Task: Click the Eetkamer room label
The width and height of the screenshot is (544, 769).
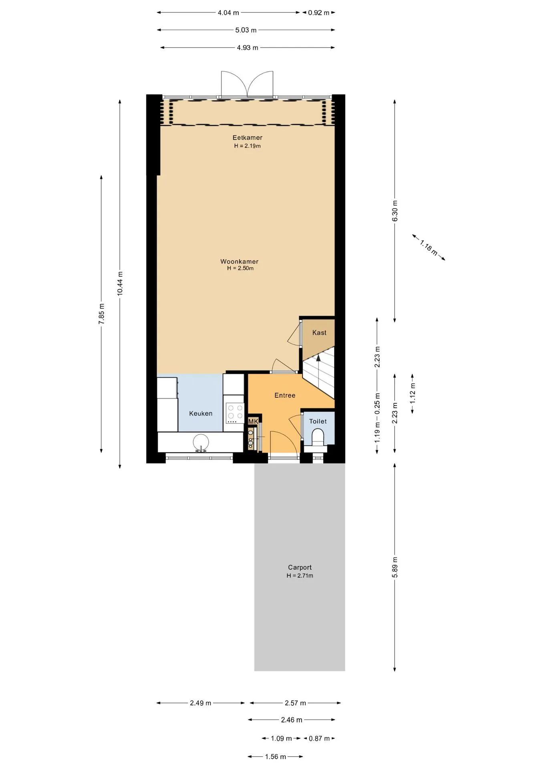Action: (247, 138)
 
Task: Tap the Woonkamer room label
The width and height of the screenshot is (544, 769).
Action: (240, 262)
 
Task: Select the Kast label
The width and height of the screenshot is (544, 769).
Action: (319, 332)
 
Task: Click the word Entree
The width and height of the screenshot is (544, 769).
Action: (285, 395)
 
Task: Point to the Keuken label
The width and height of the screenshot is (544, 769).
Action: (201, 413)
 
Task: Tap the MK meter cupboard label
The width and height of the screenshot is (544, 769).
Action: (253, 421)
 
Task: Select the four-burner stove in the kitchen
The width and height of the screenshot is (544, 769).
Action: (235, 413)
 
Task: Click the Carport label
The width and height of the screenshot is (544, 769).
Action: (300, 567)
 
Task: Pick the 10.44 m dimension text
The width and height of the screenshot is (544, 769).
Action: (120, 284)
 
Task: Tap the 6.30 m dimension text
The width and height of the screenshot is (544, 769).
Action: (395, 211)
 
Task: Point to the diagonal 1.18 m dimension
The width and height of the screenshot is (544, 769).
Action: (429, 248)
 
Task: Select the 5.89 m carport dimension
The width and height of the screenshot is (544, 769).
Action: (395, 567)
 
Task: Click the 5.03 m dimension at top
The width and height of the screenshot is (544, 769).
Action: (246, 30)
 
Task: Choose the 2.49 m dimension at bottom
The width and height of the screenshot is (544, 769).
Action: (200, 703)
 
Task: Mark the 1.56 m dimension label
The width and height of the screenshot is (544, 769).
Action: (276, 757)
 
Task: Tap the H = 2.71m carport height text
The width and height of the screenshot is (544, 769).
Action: (300, 576)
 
